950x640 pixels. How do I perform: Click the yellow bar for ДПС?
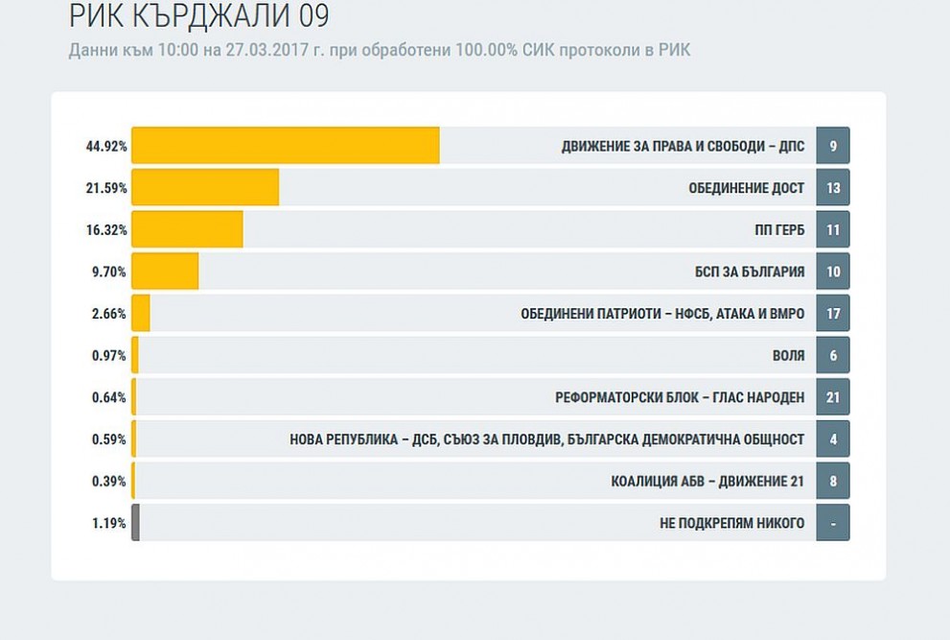286,146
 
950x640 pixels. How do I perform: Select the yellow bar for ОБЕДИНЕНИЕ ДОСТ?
205,187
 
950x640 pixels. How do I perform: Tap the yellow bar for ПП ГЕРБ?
187,229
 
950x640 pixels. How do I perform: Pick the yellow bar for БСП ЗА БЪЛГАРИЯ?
165,272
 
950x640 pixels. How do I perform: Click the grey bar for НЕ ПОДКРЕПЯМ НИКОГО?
136,522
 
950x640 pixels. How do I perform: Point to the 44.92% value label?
106,146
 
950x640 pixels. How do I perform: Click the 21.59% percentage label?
106,188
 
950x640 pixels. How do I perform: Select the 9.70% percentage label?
109,272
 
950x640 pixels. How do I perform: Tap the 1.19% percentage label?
109,523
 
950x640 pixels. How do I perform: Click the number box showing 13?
833,187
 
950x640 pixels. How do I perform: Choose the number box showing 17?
833,313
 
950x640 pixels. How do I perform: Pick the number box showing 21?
833,396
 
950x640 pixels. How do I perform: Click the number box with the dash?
833,522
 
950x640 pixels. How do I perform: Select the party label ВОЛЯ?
789,355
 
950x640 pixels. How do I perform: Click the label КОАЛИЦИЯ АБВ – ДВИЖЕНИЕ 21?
707,481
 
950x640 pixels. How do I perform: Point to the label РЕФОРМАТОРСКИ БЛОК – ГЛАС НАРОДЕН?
680,397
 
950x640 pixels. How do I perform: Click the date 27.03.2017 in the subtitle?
267,50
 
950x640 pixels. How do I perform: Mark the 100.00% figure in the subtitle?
487,50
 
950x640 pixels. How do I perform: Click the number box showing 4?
833,439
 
